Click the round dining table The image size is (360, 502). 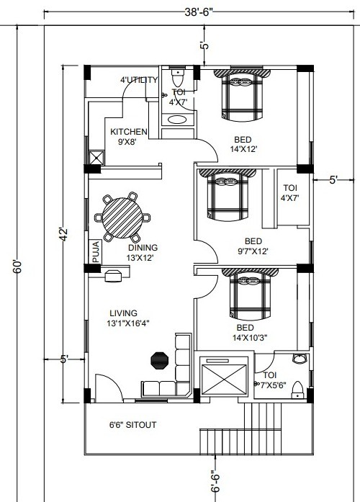tap(122, 218)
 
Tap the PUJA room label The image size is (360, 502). tap(96, 251)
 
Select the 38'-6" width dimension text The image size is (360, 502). tap(199, 12)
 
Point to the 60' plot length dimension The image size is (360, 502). tap(17, 266)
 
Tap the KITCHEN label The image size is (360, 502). tap(129, 132)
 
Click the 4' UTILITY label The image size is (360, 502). tap(139, 80)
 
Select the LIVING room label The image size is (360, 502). tap(124, 313)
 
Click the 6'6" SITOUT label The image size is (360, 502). tap(132, 425)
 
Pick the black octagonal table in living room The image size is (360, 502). tap(159, 361)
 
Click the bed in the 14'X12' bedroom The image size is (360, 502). tap(242, 95)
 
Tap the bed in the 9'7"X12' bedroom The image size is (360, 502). tap(228, 194)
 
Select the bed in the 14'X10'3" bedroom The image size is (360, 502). tap(251, 294)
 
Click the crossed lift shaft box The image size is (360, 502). tap(224, 376)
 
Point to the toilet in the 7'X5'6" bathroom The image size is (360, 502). tap(298, 390)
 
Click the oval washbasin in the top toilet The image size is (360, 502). tap(177, 120)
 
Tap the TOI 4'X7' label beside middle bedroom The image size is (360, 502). tap(290, 193)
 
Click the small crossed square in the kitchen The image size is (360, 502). tap(96, 158)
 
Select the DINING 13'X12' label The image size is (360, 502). tap(143, 253)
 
